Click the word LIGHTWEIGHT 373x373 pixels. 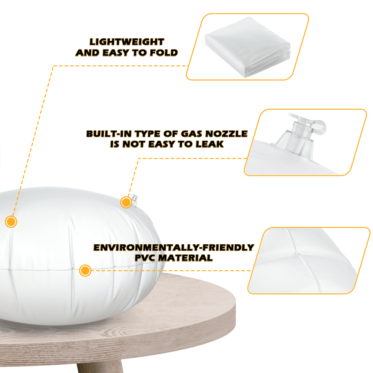(127, 42)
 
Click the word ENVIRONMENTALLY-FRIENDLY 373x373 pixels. (174, 248)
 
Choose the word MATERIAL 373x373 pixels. (185, 258)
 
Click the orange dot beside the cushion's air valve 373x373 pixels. (126, 203)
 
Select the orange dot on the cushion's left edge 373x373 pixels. (11, 222)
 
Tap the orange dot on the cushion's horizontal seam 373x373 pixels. (85, 270)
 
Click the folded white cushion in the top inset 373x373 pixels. (248, 47)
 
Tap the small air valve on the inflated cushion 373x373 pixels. (135, 200)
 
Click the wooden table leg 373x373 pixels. (100, 366)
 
